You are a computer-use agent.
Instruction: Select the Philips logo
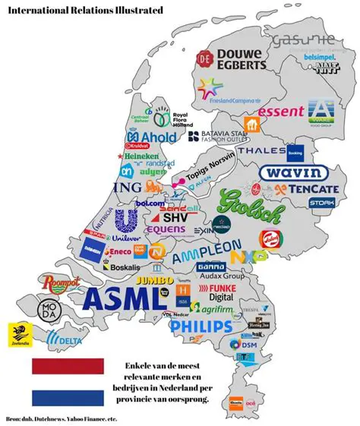(201, 327)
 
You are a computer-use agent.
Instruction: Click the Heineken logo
(136, 156)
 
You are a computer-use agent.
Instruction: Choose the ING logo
(126, 187)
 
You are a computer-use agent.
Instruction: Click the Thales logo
(261, 150)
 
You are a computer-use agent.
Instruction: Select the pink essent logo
(281, 112)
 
